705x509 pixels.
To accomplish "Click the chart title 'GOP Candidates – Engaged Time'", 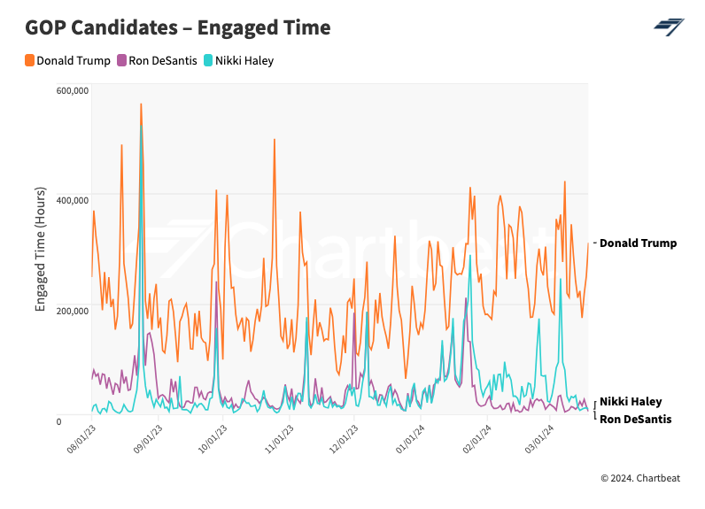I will (178, 27).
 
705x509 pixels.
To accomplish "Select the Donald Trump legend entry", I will (69, 61).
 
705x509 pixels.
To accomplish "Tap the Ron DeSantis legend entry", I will (158, 61).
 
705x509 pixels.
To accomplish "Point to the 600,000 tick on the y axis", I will (72, 90).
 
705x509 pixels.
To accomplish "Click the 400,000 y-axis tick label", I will (72, 200).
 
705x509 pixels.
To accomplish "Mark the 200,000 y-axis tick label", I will (72, 310).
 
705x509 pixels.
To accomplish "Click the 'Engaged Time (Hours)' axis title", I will (41, 249).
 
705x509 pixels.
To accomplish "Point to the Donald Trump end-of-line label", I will (638, 243).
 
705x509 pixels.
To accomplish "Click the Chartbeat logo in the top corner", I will (669, 27).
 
